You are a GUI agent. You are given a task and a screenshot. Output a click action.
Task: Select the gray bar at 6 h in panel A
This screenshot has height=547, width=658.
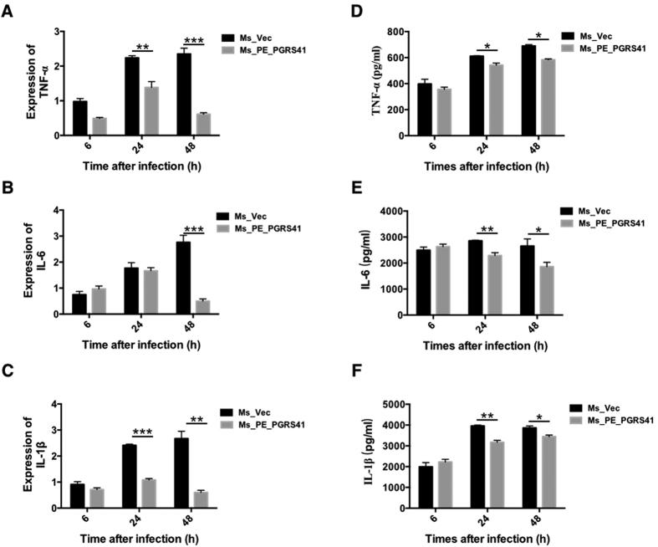click(x=99, y=126)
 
